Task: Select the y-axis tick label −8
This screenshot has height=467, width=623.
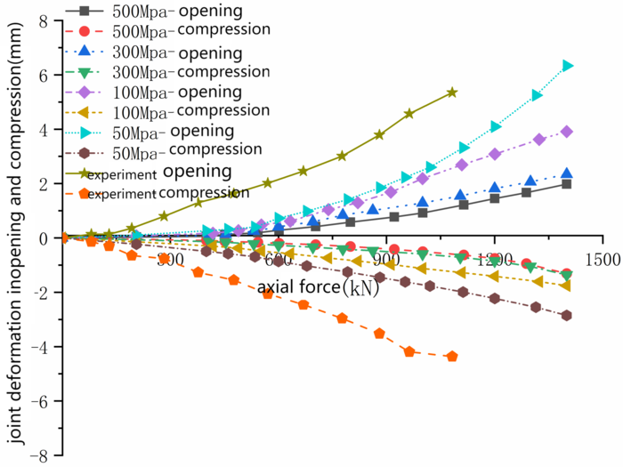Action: click(39, 455)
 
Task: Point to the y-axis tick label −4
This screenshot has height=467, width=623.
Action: click(39, 347)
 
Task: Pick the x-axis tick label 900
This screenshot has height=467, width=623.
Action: click(385, 258)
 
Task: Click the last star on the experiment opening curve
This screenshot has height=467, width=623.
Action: click(452, 93)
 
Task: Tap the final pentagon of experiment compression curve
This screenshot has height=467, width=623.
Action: click(452, 356)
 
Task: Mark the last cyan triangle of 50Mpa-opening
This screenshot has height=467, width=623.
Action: click(567, 66)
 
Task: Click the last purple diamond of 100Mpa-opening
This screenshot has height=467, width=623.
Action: click(567, 132)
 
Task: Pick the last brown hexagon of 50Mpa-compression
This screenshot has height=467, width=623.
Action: click(567, 315)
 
